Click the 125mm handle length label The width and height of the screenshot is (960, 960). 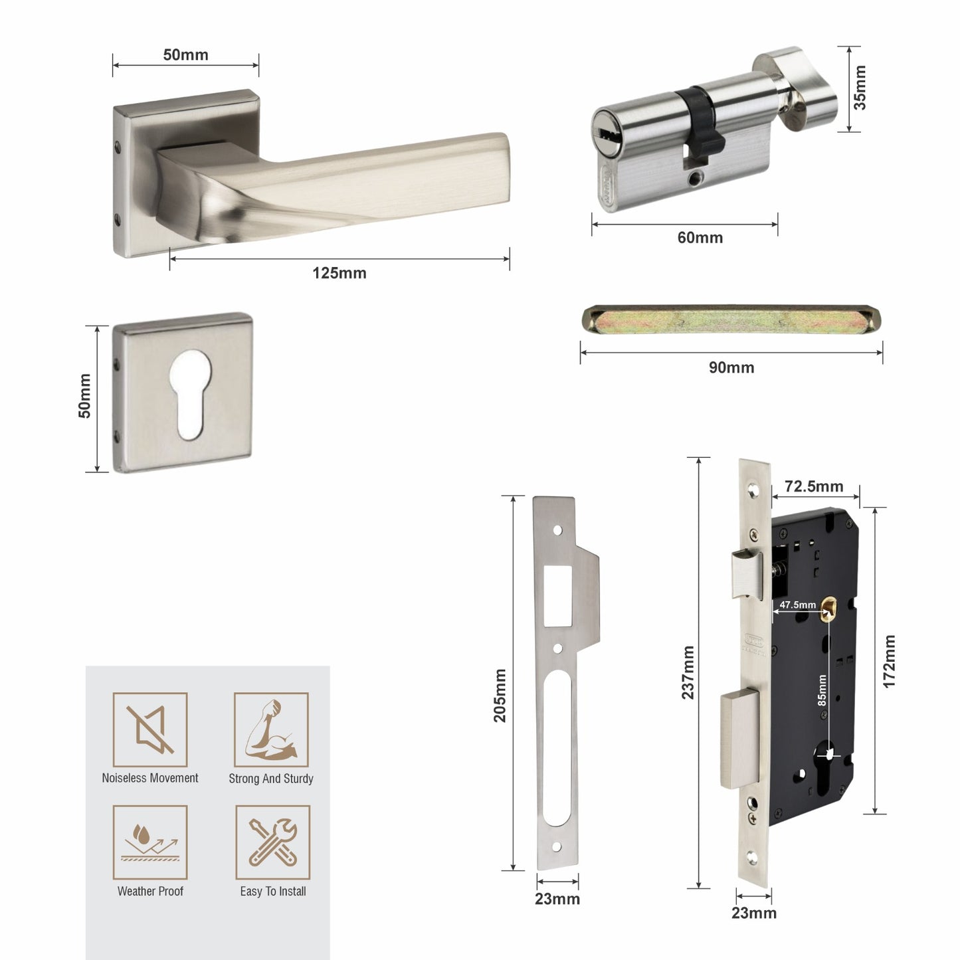(339, 273)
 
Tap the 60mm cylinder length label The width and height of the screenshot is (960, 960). (700, 237)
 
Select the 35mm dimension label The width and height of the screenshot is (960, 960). (860, 88)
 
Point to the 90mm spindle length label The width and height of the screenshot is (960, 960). (731, 367)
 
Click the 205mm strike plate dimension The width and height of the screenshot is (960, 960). (500, 695)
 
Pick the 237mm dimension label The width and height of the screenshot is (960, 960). (688, 672)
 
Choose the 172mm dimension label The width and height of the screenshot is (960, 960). (890, 661)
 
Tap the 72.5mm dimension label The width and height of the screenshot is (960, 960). (814, 486)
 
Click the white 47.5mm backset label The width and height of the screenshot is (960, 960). (797, 605)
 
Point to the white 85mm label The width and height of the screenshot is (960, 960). (822, 690)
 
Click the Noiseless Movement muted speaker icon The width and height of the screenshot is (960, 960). (150, 729)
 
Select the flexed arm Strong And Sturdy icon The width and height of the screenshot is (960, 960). (271, 729)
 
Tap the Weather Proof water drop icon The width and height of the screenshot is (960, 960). (150, 842)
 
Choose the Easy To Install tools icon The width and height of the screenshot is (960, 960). (273, 842)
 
